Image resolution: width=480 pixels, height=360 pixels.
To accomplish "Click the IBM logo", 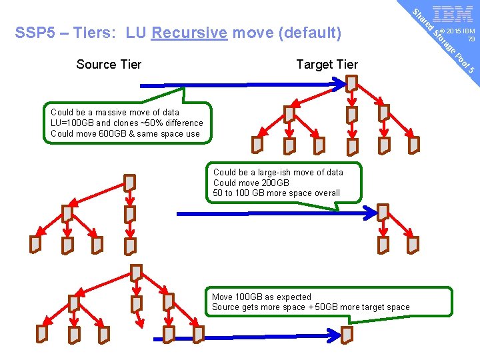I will pos(453,14).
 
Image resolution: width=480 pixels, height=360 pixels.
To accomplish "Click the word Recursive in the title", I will pos(189,33).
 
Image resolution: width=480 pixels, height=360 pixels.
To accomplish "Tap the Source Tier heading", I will pos(109,64).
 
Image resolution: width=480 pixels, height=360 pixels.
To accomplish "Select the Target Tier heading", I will pos(327,64).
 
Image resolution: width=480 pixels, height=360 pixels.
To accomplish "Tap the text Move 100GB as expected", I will pos(261,297).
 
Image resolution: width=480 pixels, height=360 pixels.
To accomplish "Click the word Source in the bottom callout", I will pos(225,307).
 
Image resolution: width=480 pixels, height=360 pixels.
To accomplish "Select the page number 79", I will pos(471,39).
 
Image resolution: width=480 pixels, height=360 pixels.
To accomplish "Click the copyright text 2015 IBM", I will pos(461,31).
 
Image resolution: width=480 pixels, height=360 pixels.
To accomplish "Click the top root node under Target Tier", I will pos(351,83).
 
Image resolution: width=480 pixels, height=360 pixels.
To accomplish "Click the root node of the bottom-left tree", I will pos(136,272).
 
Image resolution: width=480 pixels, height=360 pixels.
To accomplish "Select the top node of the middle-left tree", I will pos(130,182).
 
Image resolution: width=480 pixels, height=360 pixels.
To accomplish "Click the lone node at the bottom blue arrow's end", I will pos(347,333).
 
